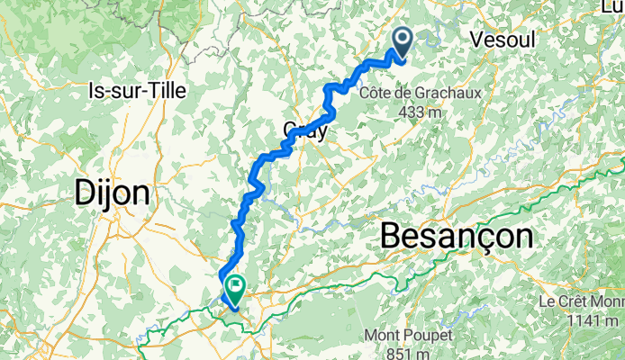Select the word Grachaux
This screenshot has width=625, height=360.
(x=436, y=93)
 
